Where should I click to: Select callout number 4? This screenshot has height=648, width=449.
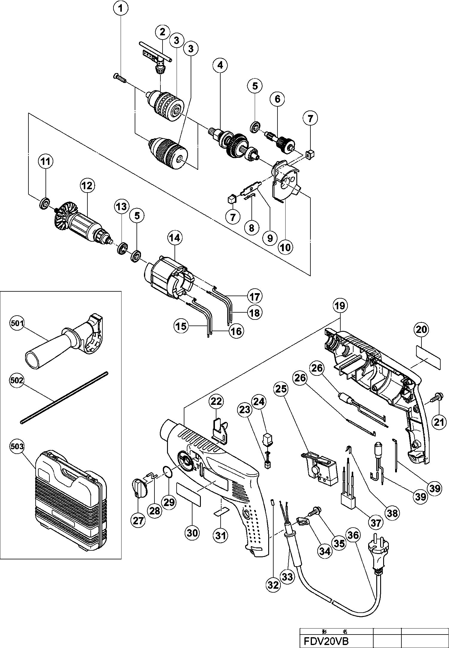[x=220, y=65]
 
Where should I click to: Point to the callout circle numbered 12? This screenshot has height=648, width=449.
[x=87, y=186]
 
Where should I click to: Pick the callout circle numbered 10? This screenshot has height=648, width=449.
[x=285, y=247]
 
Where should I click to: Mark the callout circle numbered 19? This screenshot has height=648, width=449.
[x=340, y=306]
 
